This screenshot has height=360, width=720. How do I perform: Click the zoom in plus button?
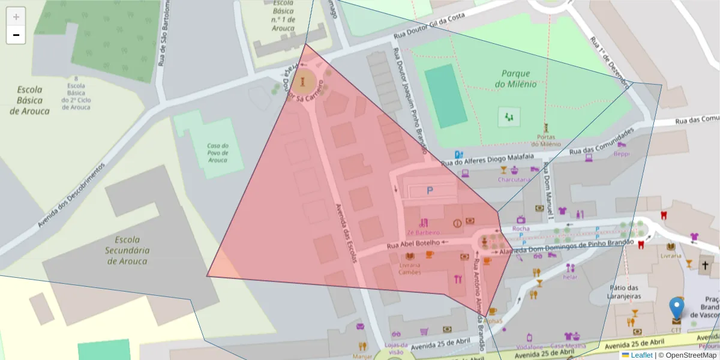click(16, 17)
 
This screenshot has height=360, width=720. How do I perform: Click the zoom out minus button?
click(16, 35)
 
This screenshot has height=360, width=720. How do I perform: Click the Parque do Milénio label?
click(516, 79)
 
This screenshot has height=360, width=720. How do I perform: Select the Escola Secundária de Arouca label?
click(127, 250)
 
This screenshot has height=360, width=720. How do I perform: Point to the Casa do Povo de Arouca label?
click(218, 152)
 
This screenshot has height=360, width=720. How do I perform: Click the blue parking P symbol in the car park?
click(430, 191)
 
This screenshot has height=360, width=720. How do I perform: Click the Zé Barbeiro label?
click(423, 232)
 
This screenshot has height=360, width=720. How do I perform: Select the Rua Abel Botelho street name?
click(414, 244)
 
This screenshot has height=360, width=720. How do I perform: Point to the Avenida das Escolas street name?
click(344, 232)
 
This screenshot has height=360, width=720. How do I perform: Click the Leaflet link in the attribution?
click(641, 355)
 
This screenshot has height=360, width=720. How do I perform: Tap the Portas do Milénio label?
click(546, 140)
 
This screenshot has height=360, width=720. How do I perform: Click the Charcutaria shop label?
click(514, 179)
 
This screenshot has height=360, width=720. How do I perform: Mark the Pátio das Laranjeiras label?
click(624, 292)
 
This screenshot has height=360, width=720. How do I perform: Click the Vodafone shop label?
click(529, 347)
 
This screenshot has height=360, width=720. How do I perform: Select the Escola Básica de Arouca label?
click(29, 100)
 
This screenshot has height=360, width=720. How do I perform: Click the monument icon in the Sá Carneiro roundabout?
click(305, 80)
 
